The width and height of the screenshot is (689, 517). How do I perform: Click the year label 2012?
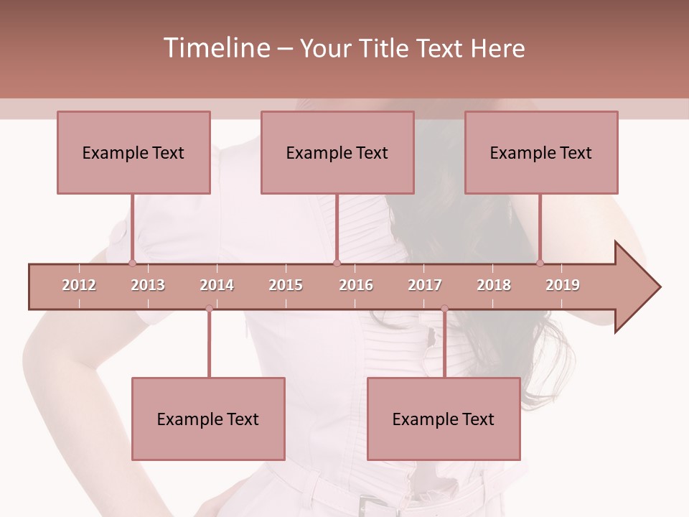79,285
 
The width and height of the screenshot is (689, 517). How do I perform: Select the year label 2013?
148,285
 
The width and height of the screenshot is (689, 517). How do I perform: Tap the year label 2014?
217,285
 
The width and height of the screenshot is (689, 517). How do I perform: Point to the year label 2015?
286,285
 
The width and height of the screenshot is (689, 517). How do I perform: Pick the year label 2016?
356,285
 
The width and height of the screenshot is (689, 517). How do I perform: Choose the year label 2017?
425,285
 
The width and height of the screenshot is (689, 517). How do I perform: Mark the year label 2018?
494,285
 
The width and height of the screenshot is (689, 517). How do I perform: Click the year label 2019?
563,285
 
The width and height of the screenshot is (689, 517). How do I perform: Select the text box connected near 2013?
133,152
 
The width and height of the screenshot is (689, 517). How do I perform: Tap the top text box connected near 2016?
337,152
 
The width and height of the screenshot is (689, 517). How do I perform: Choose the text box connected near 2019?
541,152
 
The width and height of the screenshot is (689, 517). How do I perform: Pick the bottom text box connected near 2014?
208,419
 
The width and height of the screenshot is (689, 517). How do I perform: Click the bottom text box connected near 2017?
444,419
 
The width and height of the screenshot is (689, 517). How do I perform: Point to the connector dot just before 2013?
132,263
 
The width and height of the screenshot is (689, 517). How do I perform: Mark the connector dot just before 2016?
337,263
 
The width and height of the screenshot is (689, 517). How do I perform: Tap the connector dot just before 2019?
540,263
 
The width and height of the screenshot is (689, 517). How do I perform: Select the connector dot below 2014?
209,309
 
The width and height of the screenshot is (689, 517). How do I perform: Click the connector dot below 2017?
444,309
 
